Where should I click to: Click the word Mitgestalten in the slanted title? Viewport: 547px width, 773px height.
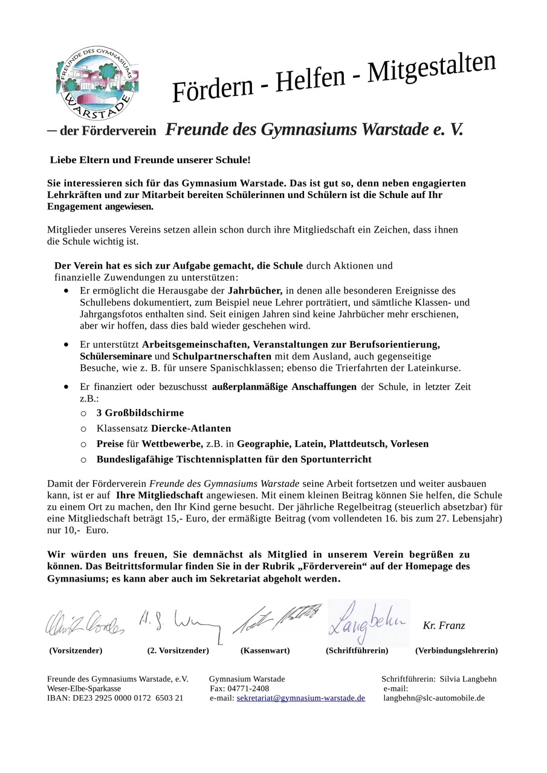[432, 67]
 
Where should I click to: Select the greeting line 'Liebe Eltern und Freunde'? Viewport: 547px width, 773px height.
[150, 160]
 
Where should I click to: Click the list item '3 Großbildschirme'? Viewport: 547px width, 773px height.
[140, 413]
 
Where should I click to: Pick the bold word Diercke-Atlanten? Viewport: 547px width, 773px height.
[191, 428]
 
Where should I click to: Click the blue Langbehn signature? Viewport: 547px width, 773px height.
[368, 623]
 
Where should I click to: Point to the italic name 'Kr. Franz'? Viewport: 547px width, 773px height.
[444, 626]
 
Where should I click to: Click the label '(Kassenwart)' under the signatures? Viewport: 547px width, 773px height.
[265, 650]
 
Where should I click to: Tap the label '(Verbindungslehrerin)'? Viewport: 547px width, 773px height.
[456, 650]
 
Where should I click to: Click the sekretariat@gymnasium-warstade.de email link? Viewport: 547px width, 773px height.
[300, 698]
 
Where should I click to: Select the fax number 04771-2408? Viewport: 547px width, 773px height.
[249, 688]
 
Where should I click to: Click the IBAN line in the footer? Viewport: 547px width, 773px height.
[115, 698]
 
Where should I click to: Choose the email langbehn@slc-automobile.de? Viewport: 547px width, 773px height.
[434, 698]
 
